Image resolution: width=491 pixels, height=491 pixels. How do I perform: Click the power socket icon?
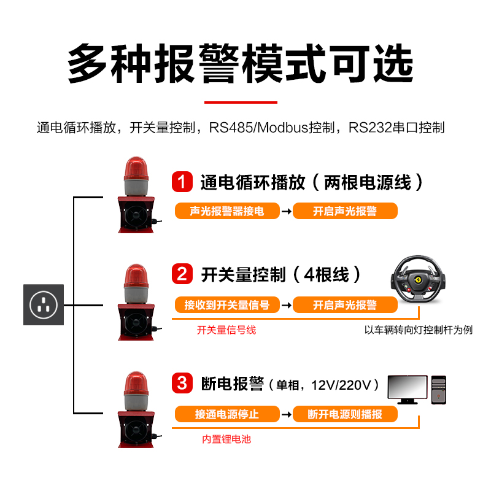click(44, 304)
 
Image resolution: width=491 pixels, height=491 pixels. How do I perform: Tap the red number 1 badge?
click(182, 182)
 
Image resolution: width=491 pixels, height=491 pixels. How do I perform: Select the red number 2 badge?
click(182, 274)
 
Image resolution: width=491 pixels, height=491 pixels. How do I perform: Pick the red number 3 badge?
click(182, 384)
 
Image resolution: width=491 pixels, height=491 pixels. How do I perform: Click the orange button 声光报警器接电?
click(227, 211)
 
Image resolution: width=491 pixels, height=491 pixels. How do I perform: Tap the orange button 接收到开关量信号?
click(227, 304)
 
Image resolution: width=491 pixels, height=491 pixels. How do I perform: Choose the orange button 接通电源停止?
click(227, 414)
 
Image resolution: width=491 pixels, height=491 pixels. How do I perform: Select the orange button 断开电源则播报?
click(345, 414)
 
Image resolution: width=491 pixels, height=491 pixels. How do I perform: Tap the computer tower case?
click(438, 390)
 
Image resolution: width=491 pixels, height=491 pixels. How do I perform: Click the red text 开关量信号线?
click(226, 330)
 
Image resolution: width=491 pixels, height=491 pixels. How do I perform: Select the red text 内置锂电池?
click(226, 439)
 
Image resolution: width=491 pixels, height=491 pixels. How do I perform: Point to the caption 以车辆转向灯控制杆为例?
click(419, 330)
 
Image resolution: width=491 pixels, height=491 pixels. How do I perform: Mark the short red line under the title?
click(241, 102)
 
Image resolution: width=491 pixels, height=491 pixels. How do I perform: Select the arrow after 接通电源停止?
click(286, 415)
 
